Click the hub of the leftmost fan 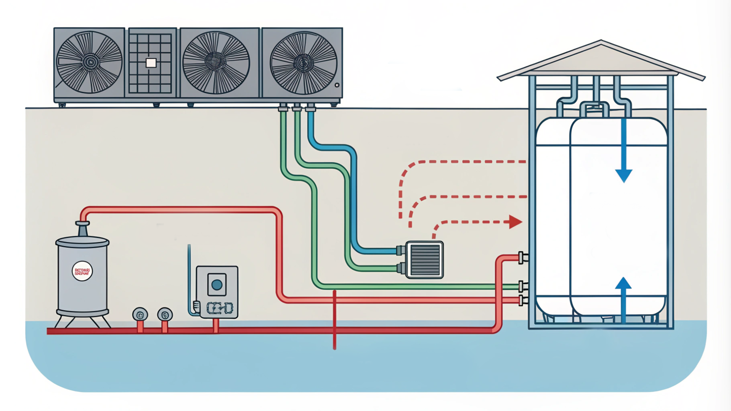coord(90,62)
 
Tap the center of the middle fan coord(215,62)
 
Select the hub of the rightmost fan coord(303,63)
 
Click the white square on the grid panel coord(151,63)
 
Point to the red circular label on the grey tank coord(82,271)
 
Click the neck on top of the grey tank coord(82,229)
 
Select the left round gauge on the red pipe coord(140,314)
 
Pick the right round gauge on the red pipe coord(165,314)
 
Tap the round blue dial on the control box coord(217,285)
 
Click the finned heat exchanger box coord(424,260)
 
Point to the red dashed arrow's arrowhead coord(515,222)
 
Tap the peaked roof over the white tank coord(601,61)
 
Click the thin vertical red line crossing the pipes coord(335,321)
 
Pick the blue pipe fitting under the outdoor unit coord(311,108)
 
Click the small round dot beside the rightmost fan coord(337,86)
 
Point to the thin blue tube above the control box coord(189,276)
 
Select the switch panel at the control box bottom coord(220,308)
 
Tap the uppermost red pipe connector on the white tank coord(522,257)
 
